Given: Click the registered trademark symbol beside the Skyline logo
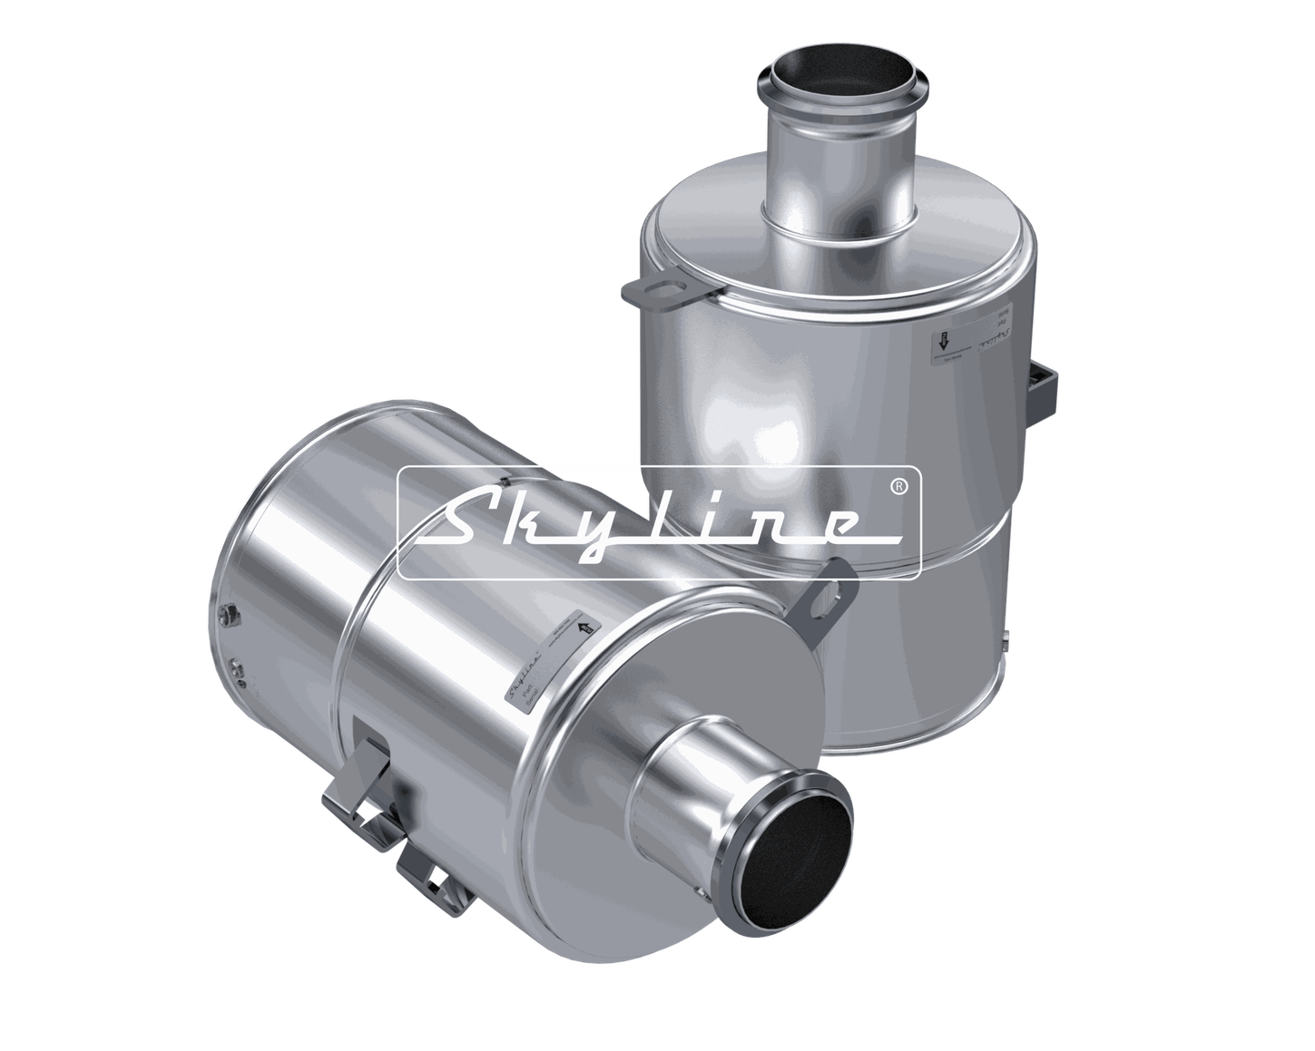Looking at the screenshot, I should point(898,487).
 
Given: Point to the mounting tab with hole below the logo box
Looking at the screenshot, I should point(829,594).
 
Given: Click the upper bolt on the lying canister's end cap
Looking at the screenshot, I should point(225,615).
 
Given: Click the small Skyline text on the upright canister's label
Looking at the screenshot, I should point(999,341).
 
